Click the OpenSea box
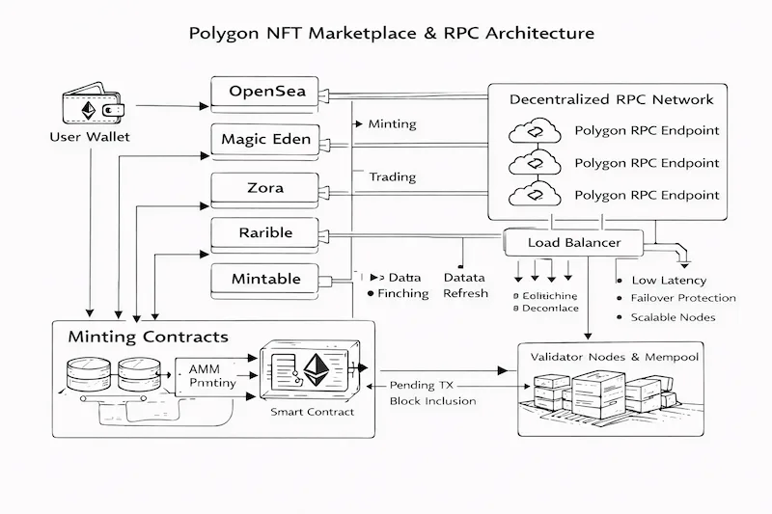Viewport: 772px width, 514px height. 265,93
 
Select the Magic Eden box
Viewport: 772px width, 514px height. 265,140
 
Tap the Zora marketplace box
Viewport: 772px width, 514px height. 265,187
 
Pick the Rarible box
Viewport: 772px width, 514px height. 265,233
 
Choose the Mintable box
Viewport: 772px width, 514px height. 265,280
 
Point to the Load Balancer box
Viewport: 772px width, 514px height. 574,242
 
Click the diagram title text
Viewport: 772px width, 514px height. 386,33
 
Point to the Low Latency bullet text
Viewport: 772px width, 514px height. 669,280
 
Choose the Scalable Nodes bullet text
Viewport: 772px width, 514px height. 673,316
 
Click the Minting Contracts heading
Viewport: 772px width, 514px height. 148,338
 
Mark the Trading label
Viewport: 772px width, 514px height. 393,176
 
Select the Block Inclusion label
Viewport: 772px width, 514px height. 431,400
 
